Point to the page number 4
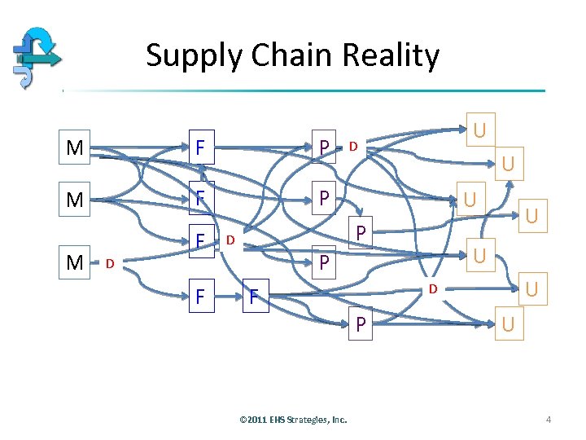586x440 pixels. click(x=549, y=420)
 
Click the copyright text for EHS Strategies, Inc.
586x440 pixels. click(x=293, y=420)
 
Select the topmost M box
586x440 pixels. click(x=75, y=148)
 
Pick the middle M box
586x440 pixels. click(x=75, y=200)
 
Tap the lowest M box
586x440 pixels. click(x=75, y=262)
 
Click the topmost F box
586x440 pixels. click(x=199, y=148)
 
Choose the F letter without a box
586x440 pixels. click(x=254, y=298)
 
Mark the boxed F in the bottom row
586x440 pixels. click(x=199, y=297)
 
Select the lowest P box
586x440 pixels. click(x=360, y=324)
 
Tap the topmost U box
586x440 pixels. click(x=479, y=129)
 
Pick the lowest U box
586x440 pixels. click(x=508, y=324)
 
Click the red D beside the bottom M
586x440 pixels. click(x=110, y=262)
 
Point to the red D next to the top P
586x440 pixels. click(x=353, y=147)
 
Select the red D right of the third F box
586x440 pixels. click(x=230, y=240)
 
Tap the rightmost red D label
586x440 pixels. click(x=434, y=288)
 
